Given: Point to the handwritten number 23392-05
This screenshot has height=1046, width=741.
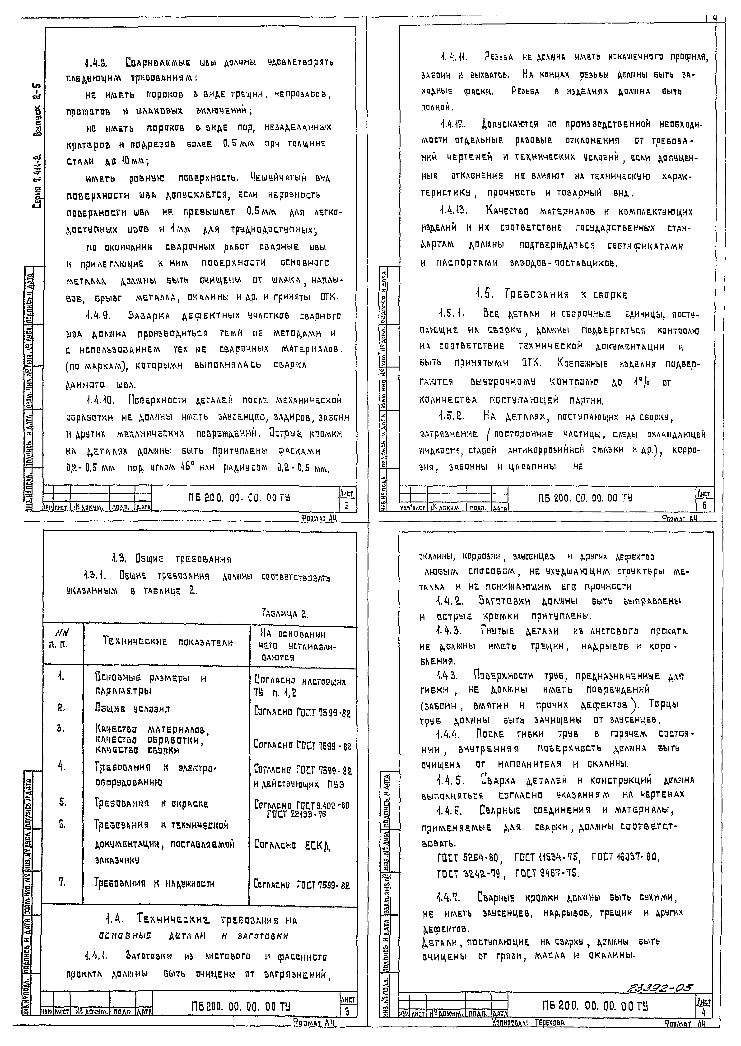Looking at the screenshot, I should [659, 989].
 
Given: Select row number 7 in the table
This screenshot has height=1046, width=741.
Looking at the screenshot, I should [62, 882].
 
